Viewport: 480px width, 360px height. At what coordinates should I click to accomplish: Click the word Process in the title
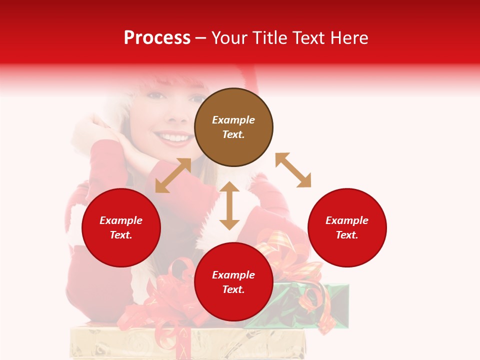[157, 38]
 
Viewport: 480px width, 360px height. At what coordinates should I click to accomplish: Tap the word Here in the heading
[348, 38]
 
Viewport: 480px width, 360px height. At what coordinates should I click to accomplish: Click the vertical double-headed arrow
[229, 205]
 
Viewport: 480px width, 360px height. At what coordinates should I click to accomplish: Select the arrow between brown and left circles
[173, 175]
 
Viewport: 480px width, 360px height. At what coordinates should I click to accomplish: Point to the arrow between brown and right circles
[293, 170]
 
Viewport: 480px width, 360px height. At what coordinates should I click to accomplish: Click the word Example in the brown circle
[233, 120]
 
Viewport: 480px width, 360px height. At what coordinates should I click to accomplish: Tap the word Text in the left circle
[120, 235]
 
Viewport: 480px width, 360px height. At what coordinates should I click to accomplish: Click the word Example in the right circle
[347, 220]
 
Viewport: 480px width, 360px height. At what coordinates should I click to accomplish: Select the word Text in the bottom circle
[233, 289]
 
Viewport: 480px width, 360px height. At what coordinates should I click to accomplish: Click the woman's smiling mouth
[174, 137]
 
